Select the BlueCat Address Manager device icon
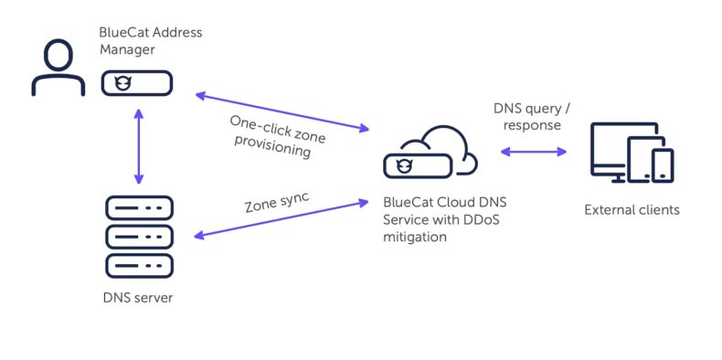click(136, 83)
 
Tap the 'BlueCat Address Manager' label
click(150, 40)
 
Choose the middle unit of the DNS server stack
click(139, 238)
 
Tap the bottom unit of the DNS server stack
click(139, 266)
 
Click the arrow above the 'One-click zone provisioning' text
click(279, 111)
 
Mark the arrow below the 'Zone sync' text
click(279, 218)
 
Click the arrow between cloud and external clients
click(533, 152)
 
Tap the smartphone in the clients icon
click(662, 165)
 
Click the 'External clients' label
click(632, 210)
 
